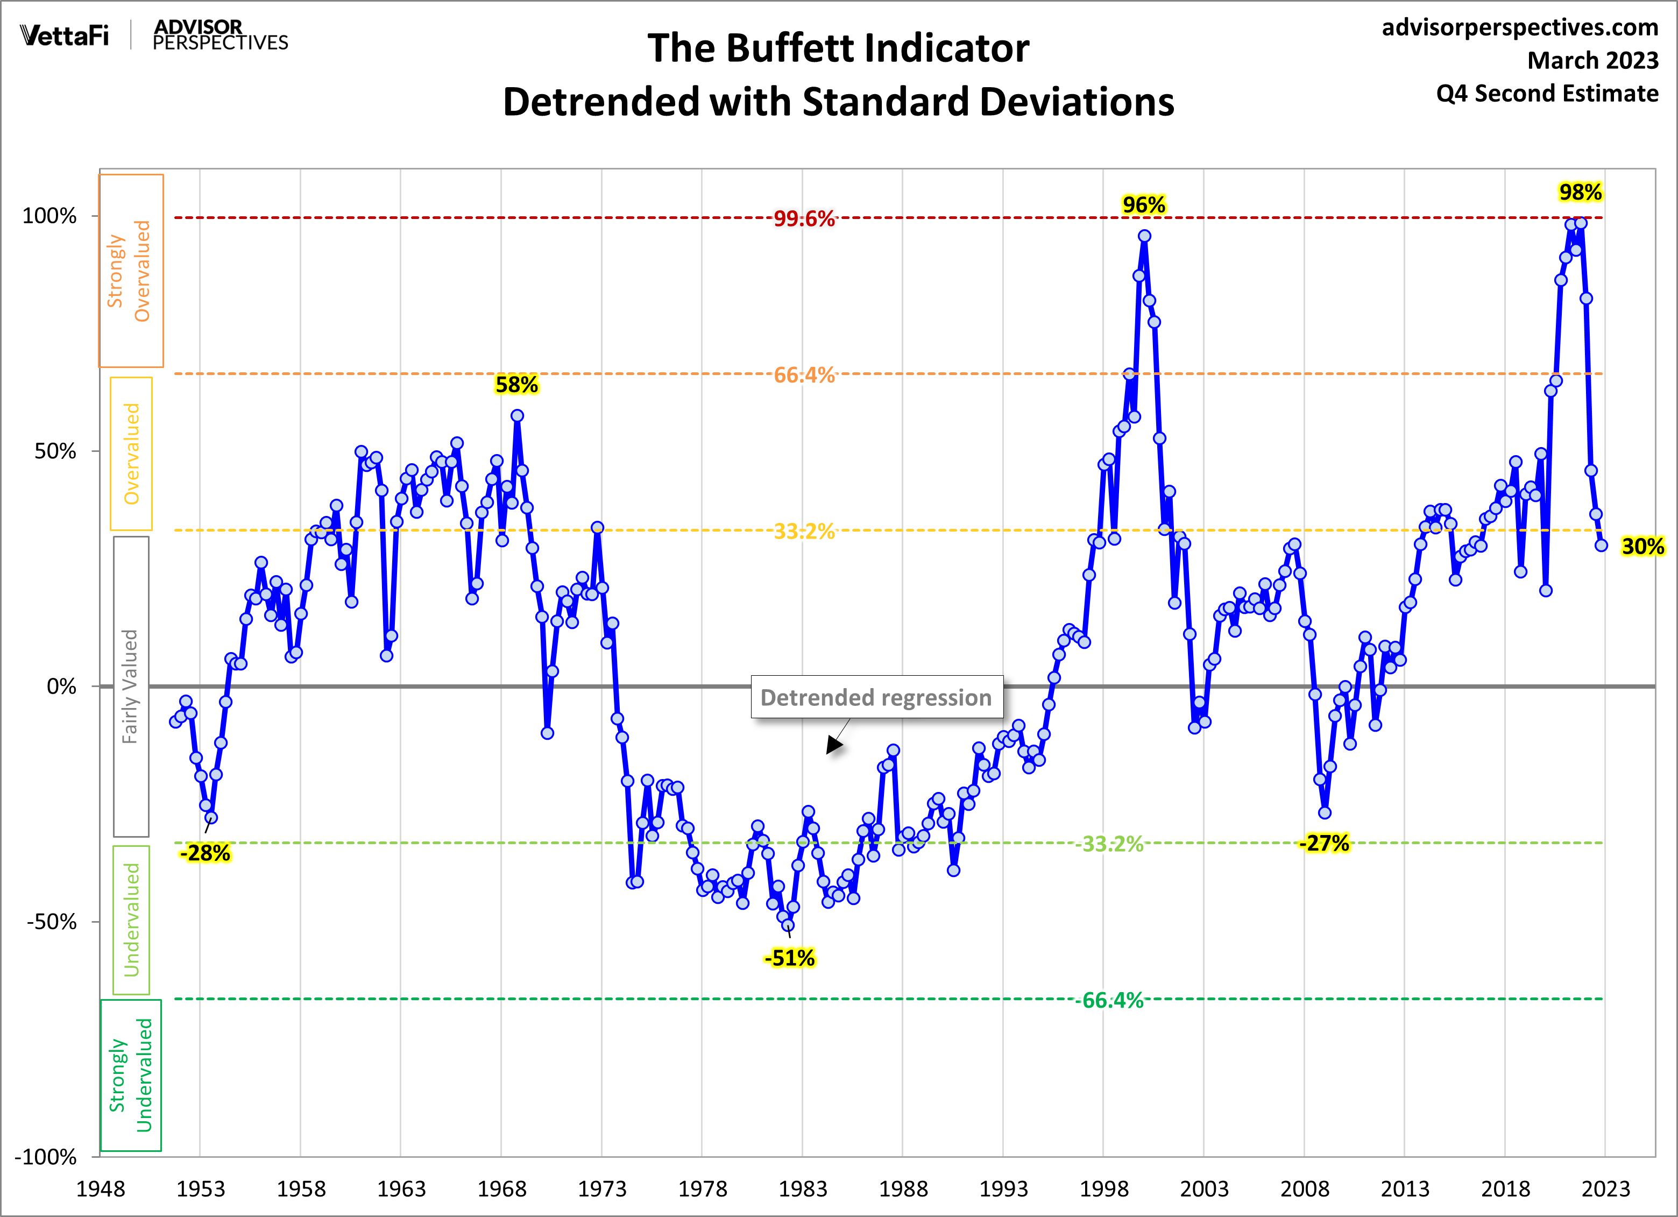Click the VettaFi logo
tap(65, 35)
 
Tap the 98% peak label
tap(1580, 193)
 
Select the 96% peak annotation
tap(1143, 205)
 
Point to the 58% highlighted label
tap(516, 385)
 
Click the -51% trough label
tap(789, 958)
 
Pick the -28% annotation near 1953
tap(205, 853)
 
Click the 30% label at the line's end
tap(1642, 547)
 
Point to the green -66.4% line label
tap(1112, 1000)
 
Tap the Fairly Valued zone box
tap(131, 687)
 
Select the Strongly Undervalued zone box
tap(131, 1075)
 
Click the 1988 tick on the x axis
tap(903, 1189)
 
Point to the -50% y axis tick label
tap(51, 922)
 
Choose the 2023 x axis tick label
tap(1605, 1189)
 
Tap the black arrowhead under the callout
tap(834, 745)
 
